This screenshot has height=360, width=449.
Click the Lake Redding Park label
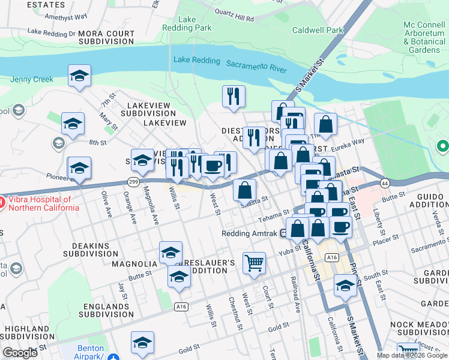point(187,23)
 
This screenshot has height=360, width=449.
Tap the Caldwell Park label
point(317,30)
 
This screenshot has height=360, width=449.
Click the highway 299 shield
point(134,181)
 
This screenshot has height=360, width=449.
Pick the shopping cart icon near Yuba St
point(254,262)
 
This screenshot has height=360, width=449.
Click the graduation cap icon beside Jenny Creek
point(79,76)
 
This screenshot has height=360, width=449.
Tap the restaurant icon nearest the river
point(233,96)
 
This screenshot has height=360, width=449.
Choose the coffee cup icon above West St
point(212,166)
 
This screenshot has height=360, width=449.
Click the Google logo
point(20,352)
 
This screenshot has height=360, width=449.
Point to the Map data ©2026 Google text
point(411,355)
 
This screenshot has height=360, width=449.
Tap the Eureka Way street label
point(348,143)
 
